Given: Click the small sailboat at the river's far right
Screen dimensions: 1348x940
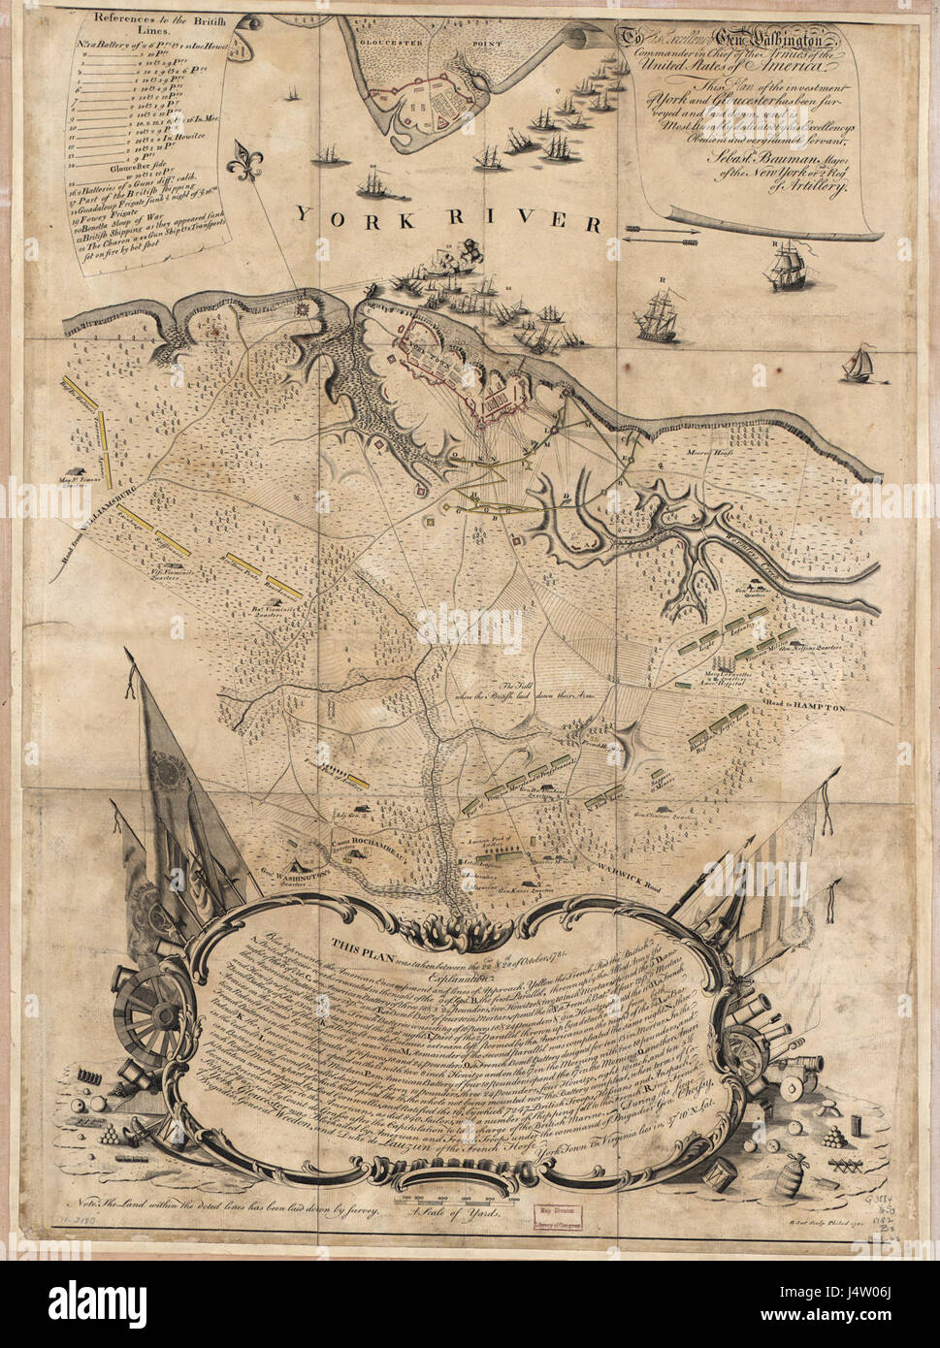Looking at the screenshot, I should point(857,364).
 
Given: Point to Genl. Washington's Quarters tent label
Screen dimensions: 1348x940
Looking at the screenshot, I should point(291,874).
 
